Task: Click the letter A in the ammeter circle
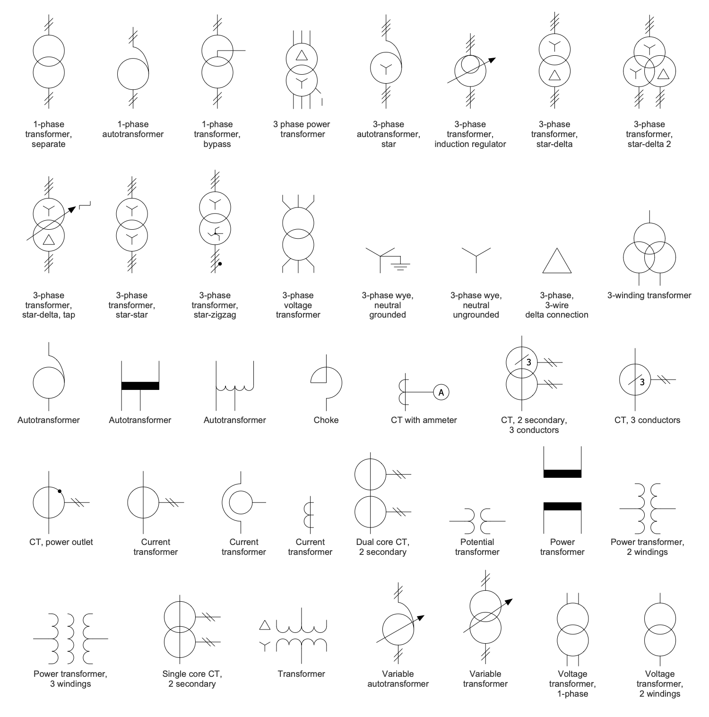[x=441, y=392]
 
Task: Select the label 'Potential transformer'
[x=477, y=547]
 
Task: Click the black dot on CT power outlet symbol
[x=60, y=491]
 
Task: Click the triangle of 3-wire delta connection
[x=557, y=261]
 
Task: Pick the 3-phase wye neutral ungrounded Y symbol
[x=476, y=258]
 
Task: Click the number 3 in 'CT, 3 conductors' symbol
[x=642, y=382]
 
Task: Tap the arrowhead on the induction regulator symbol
[x=492, y=60]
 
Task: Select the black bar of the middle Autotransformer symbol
[x=140, y=386]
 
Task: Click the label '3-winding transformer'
[x=649, y=295]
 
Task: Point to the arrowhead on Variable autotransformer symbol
[x=421, y=618]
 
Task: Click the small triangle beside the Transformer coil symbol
[x=265, y=625]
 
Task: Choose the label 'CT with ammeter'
[x=424, y=420]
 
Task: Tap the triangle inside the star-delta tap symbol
[x=49, y=240]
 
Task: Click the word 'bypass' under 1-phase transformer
[x=217, y=144]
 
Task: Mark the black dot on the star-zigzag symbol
[x=220, y=264]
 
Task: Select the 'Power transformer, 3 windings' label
[x=70, y=679]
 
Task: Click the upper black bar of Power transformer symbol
[x=562, y=474]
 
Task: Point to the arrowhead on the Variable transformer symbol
[x=509, y=602]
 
